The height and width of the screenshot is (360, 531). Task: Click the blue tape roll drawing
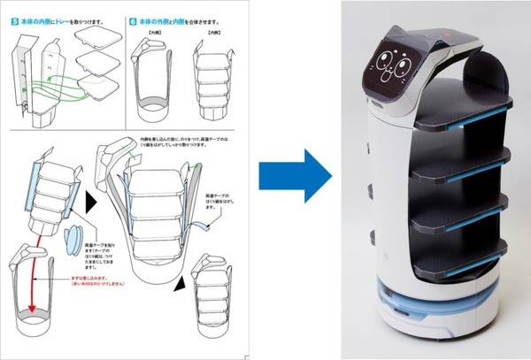point(74,239)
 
